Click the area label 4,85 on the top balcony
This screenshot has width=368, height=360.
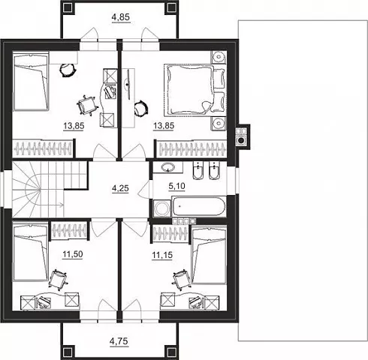click(x=121, y=17)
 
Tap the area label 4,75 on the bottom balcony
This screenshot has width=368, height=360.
click(x=119, y=341)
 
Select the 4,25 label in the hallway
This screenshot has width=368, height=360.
click(x=120, y=188)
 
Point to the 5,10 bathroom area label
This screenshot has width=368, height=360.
click(x=176, y=186)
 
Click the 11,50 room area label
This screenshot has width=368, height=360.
click(x=73, y=254)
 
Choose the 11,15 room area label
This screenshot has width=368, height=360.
click(x=162, y=255)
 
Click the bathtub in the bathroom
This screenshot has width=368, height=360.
click(x=198, y=206)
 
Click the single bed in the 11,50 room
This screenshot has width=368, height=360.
click(x=30, y=253)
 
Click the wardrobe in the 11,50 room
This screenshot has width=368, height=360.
click(x=69, y=230)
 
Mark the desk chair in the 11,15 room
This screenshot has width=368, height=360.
click(x=181, y=279)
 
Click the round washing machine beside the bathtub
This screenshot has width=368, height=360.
click(x=161, y=208)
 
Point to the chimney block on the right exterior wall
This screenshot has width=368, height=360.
click(x=242, y=136)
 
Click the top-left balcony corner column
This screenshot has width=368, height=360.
click(x=68, y=8)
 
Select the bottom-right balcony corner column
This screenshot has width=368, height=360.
click(x=171, y=352)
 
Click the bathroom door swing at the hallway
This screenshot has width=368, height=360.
click(x=143, y=190)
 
